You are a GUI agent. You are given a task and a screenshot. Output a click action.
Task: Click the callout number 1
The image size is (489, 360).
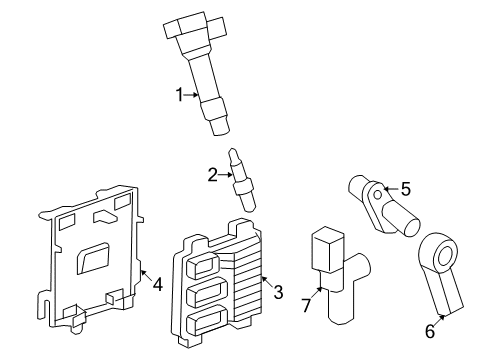(x=181, y=95)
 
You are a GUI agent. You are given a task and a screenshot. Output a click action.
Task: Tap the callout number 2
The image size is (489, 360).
(x=212, y=176)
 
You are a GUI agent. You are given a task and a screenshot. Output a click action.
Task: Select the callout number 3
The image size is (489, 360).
(x=278, y=292)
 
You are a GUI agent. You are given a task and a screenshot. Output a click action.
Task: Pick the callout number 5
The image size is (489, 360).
(x=405, y=187)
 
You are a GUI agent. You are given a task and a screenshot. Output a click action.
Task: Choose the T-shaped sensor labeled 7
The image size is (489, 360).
(x=335, y=285)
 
